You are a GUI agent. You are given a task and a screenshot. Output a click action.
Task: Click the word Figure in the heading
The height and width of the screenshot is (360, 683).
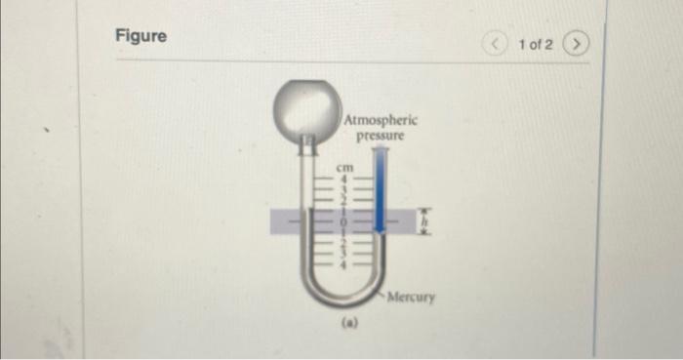(x=141, y=36)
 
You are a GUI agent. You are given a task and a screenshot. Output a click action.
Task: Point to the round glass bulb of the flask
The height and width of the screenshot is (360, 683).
(x=305, y=102)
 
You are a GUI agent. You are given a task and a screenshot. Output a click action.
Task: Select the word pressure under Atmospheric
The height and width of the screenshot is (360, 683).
(x=381, y=136)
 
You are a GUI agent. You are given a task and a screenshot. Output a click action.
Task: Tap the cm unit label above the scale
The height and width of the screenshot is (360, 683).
(x=343, y=168)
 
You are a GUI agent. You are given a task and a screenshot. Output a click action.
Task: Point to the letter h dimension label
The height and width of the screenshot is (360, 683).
(x=423, y=221)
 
